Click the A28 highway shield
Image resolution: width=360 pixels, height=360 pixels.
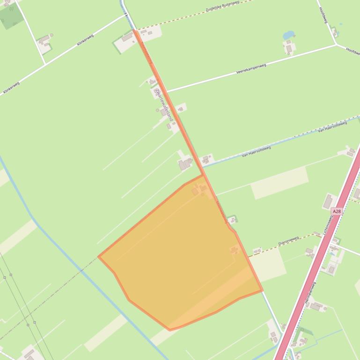[x=337, y=211]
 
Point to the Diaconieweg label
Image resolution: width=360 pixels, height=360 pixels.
[x=288, y=241]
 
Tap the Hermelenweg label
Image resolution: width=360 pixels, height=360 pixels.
[x=310, y=293]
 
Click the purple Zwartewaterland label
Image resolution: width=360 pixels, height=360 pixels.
[x=164, y=105]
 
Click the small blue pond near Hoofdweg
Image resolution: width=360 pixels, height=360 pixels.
[x=288, y=35]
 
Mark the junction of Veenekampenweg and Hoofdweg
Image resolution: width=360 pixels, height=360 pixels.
[x=336, y=45]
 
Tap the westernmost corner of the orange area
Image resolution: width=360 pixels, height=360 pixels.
[x=99, y=256]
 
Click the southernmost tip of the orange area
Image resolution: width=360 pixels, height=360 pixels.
[x=170, y=330]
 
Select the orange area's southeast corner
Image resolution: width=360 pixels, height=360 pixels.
[x=262, y=291]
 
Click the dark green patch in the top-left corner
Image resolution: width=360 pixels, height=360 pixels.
[x=11, y=17]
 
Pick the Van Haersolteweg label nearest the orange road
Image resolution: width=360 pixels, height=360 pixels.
[x=256, y=151]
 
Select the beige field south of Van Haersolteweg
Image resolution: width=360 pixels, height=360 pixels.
[x=279, y=183]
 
